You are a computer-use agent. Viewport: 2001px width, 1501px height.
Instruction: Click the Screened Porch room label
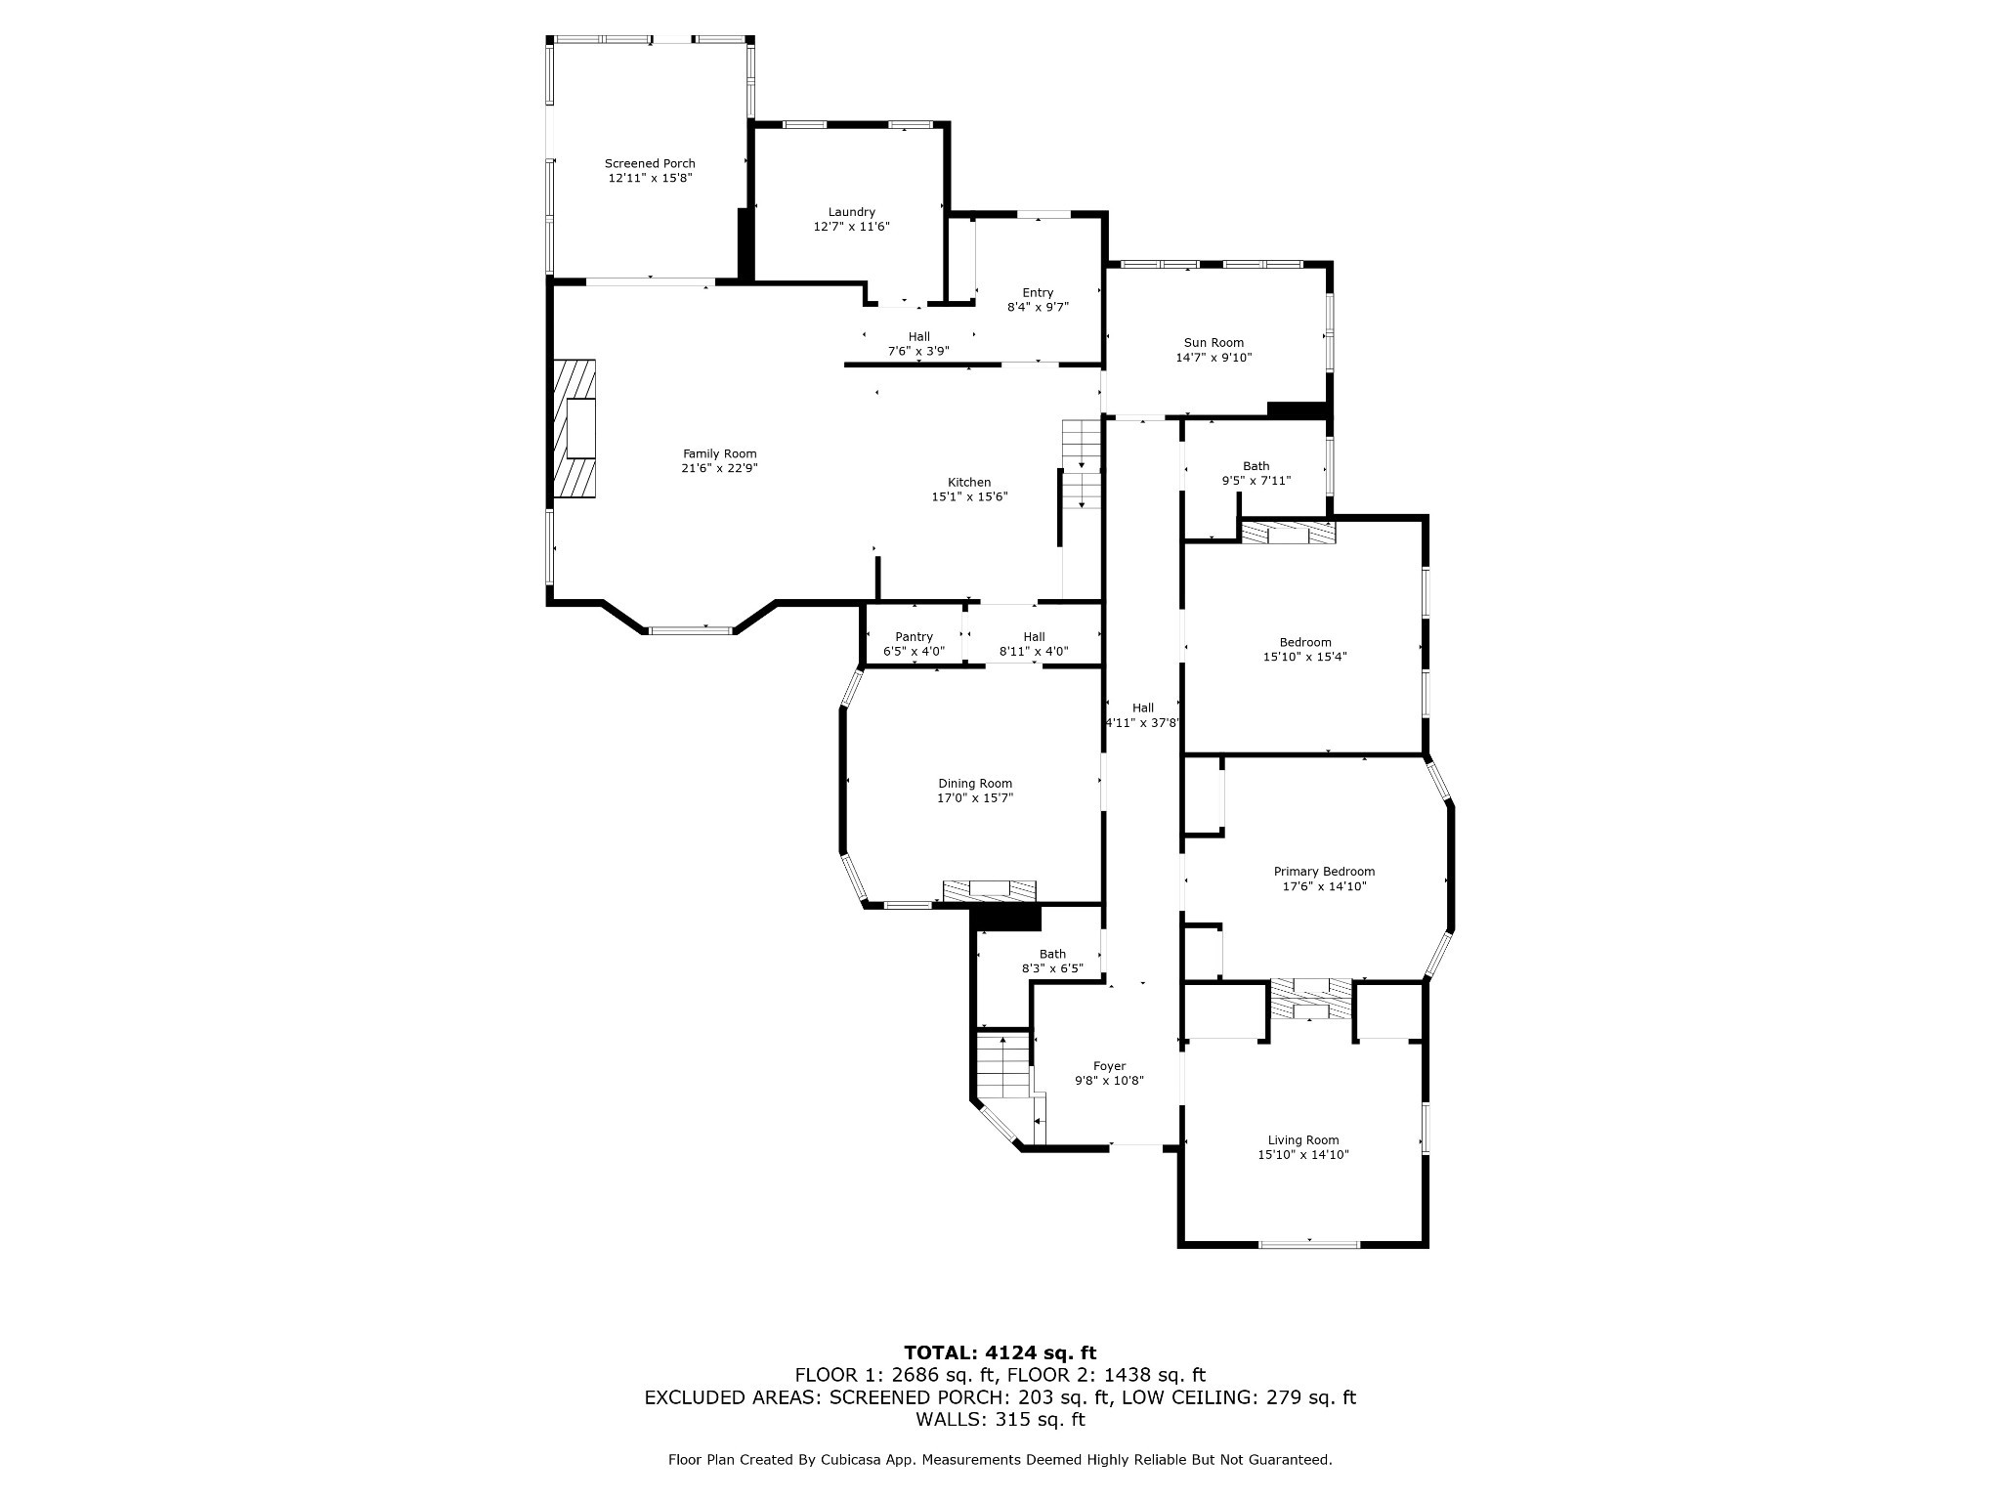[x=650, y=163]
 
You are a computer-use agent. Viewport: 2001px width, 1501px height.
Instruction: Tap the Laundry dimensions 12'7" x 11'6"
[x=852, y=227]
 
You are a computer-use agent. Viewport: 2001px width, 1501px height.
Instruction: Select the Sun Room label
[x=1213, y=343]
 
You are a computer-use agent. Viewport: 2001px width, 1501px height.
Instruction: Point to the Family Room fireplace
[x=575, y=429]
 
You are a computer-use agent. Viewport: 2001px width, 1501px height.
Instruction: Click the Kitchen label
[x=969, y=483]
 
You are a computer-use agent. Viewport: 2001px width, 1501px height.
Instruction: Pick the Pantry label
[x=915, y=637]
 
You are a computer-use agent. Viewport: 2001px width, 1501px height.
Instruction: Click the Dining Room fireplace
[x=989, y=890]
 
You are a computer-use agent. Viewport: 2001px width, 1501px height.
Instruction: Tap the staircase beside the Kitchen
[x=1082, y=464]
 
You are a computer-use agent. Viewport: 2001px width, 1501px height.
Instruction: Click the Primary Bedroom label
[x=1324, y=872]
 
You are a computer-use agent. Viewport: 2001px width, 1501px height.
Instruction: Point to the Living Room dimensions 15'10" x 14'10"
[x=1303, y=1155]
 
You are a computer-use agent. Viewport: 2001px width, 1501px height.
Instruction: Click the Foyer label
[x=1110, y=1066]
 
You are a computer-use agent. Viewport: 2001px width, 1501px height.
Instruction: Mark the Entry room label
[x=1038, y=293]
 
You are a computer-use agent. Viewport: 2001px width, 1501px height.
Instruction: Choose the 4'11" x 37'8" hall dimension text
[x=1143, y=723]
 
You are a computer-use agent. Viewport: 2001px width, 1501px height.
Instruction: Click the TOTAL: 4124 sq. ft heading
[x=1000, y=1352]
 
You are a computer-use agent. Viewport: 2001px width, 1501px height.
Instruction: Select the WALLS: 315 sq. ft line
[x=1000, y=1419]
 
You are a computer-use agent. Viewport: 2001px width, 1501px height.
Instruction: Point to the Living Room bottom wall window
[x=1308, y=1244]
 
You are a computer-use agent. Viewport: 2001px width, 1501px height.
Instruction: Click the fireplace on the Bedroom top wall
[x=1288, y=533]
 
